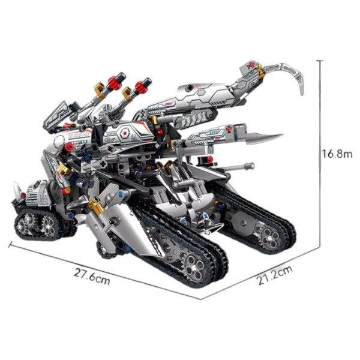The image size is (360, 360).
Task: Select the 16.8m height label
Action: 337,154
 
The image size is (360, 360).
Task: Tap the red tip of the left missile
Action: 115,82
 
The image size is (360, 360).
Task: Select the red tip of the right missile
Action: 141,86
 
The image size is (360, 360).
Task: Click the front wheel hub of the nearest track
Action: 194,266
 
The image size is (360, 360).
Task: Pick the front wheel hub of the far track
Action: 270,238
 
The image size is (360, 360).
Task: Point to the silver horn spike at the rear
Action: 17,188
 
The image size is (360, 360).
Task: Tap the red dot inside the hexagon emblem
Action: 125,133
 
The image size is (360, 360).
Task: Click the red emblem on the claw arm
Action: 251,65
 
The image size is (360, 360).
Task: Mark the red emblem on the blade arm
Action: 229,129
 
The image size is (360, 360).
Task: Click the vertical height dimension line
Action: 320,154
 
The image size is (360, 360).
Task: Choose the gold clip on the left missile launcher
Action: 100,89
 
